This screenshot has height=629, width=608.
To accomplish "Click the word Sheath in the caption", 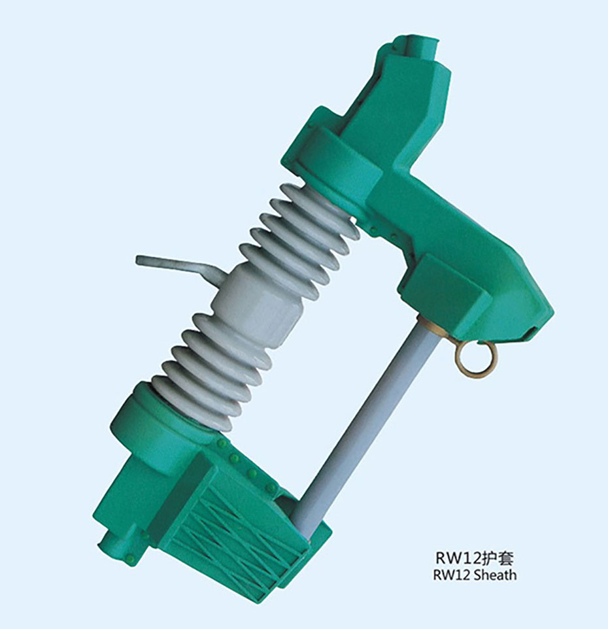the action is [x=495, y=575].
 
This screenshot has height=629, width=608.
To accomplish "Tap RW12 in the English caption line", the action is [x=452, y=575].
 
